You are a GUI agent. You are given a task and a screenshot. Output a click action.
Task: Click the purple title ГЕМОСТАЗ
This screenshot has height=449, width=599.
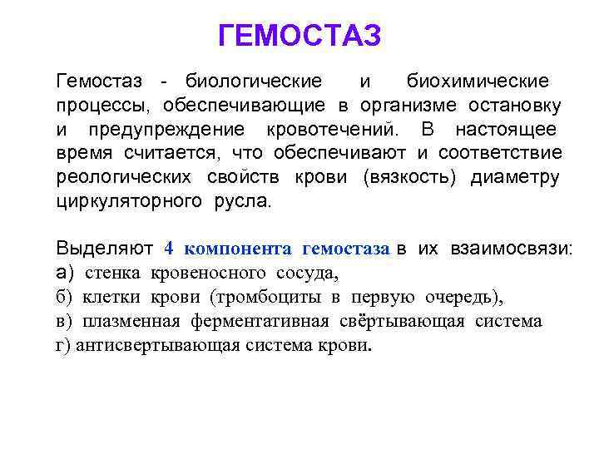click(x=299, y=36)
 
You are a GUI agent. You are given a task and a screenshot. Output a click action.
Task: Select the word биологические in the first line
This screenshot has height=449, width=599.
click(x=253, y=81)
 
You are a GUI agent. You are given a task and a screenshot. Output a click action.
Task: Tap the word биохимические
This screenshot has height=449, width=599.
click(x=478, y=81)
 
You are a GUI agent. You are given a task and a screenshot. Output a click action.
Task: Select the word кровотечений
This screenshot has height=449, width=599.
click(x=333, y=130)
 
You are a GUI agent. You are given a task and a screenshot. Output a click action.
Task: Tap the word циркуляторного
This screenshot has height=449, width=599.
click(x=129, y=201)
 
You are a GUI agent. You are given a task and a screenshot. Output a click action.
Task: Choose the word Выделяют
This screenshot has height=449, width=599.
click(x=104, y=249)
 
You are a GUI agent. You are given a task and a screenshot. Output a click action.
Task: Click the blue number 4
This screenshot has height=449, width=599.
click(x=169, y=249)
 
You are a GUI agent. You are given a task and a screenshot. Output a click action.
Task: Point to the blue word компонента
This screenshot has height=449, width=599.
click(x=238, y=249)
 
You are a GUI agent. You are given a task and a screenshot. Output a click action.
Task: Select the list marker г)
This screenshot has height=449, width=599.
click(x=64, y=345)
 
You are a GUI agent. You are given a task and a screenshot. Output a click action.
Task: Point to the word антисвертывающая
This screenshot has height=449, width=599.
click(x=157, y=345)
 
